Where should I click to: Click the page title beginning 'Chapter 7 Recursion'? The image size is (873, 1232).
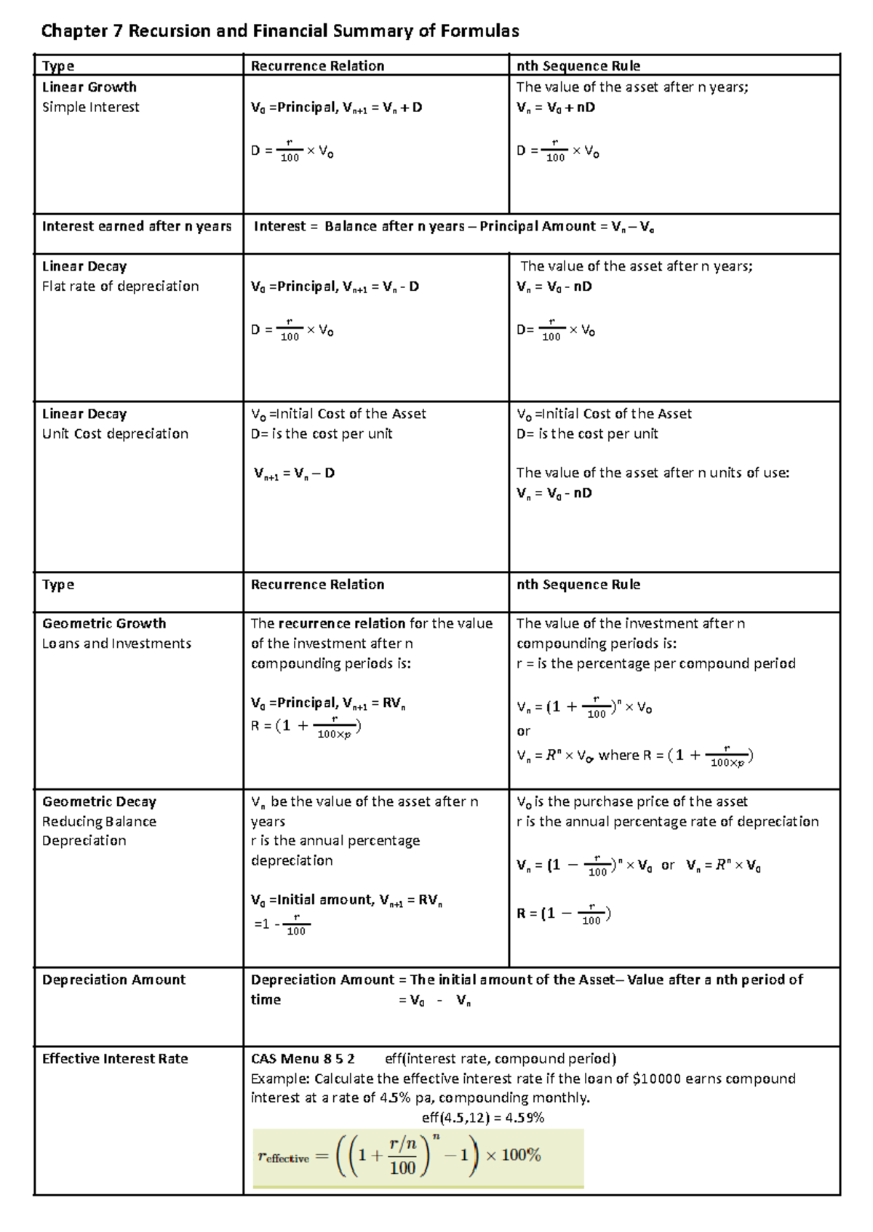point(280,31)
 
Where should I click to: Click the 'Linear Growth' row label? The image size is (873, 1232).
point(89,87)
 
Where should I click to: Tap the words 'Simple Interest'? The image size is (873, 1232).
point(91,107)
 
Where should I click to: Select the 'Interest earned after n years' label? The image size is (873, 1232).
point(137,226)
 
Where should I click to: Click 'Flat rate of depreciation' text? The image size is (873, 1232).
point(121,287)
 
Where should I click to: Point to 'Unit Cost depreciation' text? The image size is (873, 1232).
point(115,433)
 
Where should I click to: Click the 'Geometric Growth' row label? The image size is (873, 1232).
point(104,623)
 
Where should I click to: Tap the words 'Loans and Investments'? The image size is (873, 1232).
point(116,644)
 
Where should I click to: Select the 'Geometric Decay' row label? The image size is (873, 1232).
point(99,801)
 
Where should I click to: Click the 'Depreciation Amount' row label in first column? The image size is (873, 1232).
point(113,980)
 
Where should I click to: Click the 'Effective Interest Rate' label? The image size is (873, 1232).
point(115,1059)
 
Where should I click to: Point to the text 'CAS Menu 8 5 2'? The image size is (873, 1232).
point(303,1059)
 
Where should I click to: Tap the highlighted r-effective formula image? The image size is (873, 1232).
point(418,1157)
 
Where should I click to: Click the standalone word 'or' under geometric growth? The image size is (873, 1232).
point(523,732)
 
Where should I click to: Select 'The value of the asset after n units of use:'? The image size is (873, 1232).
point(653,473)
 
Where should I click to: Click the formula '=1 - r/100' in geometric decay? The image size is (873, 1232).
point(283,925)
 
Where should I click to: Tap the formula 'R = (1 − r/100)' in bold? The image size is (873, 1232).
point(564,914)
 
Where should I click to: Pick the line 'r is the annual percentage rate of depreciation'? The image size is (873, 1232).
point(667,822)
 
